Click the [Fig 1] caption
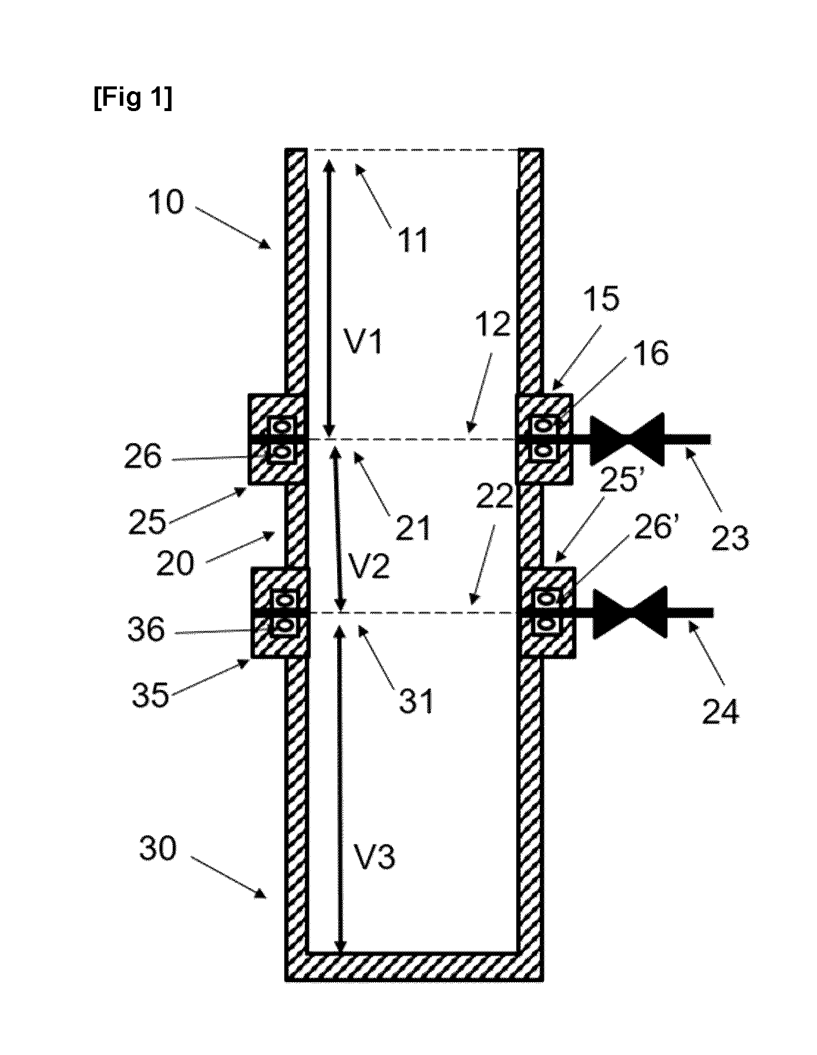click(133, 99)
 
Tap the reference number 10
click(166, 203)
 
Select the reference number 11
click(413, 240)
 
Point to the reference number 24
click(721, 711)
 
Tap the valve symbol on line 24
click(630, 612)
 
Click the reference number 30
click(158, 849)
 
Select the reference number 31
click(416, 701)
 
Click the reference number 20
click(175, 564)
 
